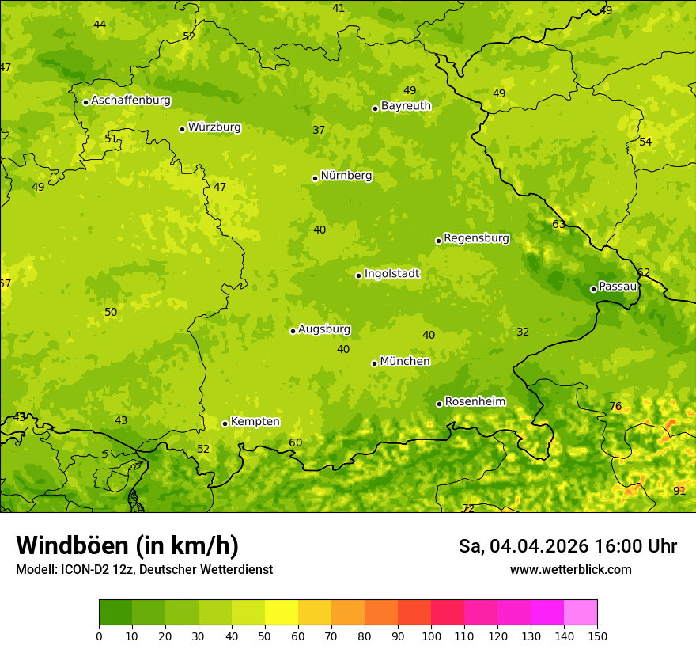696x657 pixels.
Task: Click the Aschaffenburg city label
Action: tap(130, 101)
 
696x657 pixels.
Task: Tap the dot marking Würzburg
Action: tap(182, 129)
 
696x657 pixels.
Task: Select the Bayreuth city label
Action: tap(406, 105)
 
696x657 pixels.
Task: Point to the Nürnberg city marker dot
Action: tap(315, 178)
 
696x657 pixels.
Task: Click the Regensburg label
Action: tap(476, 237)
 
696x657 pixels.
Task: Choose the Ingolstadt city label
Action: tap(391, 273)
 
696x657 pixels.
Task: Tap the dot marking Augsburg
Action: tap(293, 331)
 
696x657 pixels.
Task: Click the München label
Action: tap(405, 361)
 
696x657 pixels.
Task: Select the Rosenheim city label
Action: tap(475, 401)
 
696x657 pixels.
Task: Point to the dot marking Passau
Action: tap(593, 289)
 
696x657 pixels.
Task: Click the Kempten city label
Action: tap(255, 421)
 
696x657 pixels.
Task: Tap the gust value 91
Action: tap(679, 491)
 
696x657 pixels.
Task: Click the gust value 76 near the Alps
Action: tap(615, 407)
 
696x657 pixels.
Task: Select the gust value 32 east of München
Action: tap(523, 332)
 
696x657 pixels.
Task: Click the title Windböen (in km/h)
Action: tap(127, 545)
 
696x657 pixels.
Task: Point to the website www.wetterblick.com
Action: tap(570, 569)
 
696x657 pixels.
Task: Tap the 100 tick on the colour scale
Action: tap(431, 635)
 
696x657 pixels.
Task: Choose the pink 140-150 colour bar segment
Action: tap(581, 612)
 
